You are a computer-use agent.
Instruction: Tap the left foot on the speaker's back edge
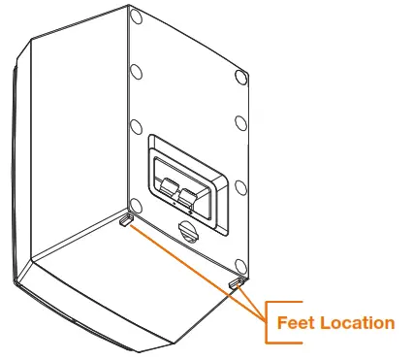126,221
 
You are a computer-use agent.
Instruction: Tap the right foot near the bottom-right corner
235,282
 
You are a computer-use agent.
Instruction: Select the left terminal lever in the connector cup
167,190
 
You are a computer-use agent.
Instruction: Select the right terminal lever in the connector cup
189,199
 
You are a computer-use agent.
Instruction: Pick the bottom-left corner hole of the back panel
135,205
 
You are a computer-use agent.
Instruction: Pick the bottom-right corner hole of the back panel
238,262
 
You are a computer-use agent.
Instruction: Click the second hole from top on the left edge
135,73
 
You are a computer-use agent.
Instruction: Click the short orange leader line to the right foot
249,297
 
